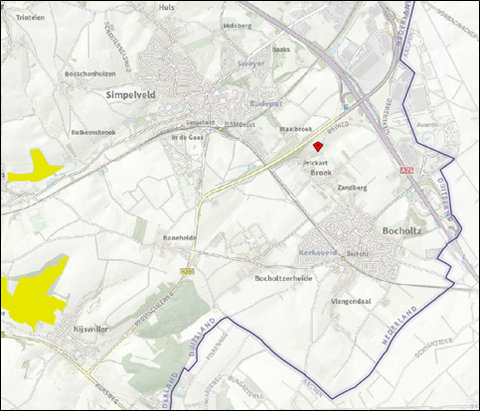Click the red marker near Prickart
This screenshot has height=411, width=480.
[x=318, y=145]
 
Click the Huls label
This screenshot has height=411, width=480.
[x=166, y=7]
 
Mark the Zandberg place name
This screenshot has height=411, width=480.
[x=353, y=187]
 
